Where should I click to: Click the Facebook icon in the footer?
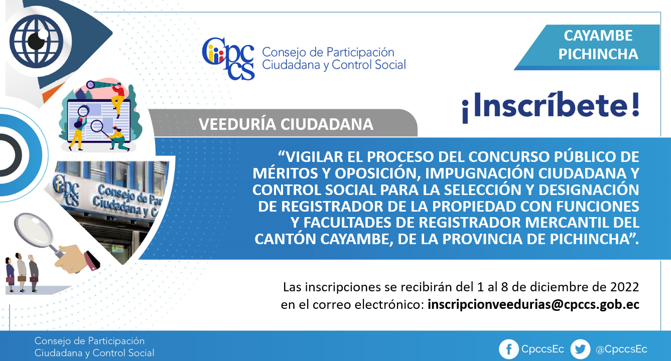click(x=508, y=349)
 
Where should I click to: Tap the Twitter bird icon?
click(x=580, y=349)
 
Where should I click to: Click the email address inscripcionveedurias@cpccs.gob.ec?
click(x=533, y=305)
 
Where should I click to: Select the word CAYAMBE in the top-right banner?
click(x=598, y=36)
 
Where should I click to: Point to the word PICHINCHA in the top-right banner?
click(x=598, y=54)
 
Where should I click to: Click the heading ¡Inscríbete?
click(x=551, y=106)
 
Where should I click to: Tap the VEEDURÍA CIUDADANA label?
click(x=286, y=124)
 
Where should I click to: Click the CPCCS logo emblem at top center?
click(x=228, y=59)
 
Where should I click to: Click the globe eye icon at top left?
click(x=37, y=41)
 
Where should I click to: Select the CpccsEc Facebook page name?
click(x=543, y=349)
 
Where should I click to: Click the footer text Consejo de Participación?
click(x=89, y=340)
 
